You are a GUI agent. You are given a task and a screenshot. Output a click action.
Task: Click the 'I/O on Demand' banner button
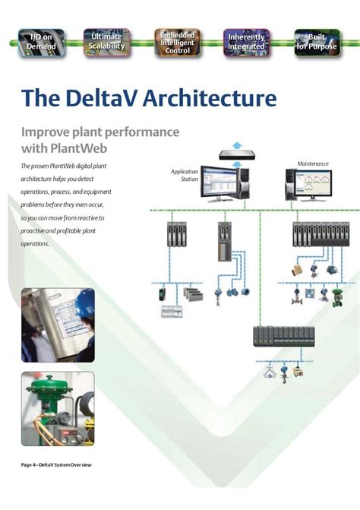[41, 42]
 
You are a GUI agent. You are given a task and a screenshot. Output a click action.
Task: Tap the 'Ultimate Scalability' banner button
[106, 42]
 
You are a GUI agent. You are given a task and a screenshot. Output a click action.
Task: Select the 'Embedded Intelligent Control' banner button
[177, 42]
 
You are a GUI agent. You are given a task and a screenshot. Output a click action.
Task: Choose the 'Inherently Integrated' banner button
[246, 42]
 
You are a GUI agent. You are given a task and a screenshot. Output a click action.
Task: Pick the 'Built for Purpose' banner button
[316, 42]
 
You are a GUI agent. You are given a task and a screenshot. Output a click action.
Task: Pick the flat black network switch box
[237, 154]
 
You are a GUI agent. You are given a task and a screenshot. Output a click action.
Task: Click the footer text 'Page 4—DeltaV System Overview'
[56, 464]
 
